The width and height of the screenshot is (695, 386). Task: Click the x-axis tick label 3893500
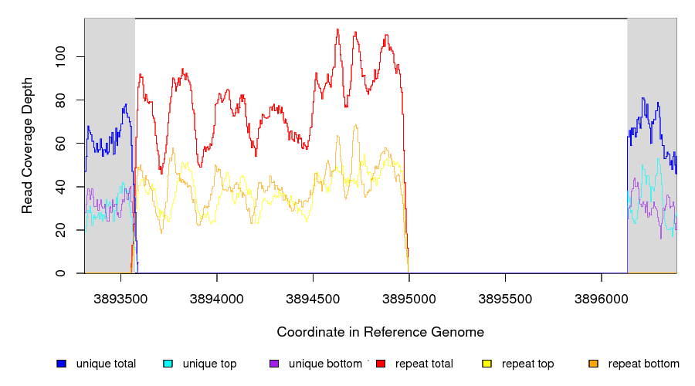click(x=121, y=298)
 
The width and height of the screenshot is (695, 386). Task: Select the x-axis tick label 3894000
click(x=217, y=298)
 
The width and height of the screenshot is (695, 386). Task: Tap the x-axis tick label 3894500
click(x=313, y=298)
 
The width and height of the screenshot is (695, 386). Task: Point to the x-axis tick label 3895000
click(x=409, y=298)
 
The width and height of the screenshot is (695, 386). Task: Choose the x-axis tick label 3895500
click(x=505, y=298)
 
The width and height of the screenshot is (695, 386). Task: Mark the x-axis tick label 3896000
click(x=601, y=298)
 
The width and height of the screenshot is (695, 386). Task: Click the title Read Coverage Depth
click(x=27, y=145)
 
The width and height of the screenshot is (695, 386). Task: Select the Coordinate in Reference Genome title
click(x=380, y=332)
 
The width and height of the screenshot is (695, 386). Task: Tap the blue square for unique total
click(x=61, y=364)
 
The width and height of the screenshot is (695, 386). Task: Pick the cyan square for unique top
click(x=168, y=364)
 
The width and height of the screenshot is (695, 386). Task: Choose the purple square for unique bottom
click(x=274, y=364)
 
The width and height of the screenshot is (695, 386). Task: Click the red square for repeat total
click(x=381, y=364)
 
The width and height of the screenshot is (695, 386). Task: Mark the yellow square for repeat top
click(x=486, y=364)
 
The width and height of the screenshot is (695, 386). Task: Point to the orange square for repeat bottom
click(x=593, y=364)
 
